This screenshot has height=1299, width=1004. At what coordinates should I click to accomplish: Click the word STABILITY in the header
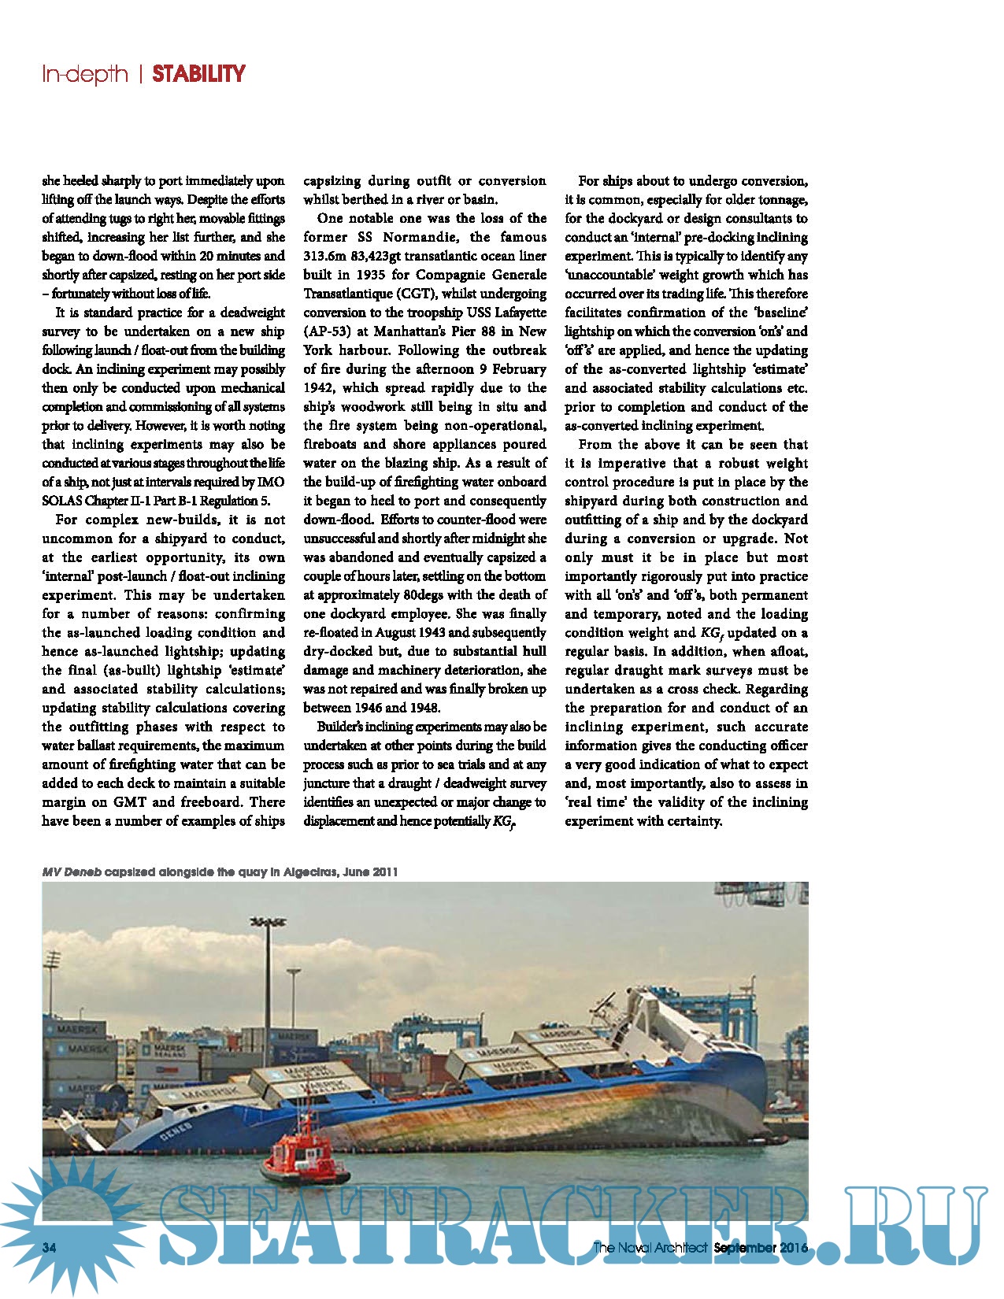(198, 74)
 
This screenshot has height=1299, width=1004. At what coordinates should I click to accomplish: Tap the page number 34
(50, 1247)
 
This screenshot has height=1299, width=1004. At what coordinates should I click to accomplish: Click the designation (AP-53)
(328, 331)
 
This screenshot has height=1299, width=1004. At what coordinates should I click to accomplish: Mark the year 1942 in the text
(319, 388)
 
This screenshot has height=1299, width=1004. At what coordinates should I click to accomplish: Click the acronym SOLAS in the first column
(61, 501)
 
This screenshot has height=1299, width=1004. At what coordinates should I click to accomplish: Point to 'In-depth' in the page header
(85, 74)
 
